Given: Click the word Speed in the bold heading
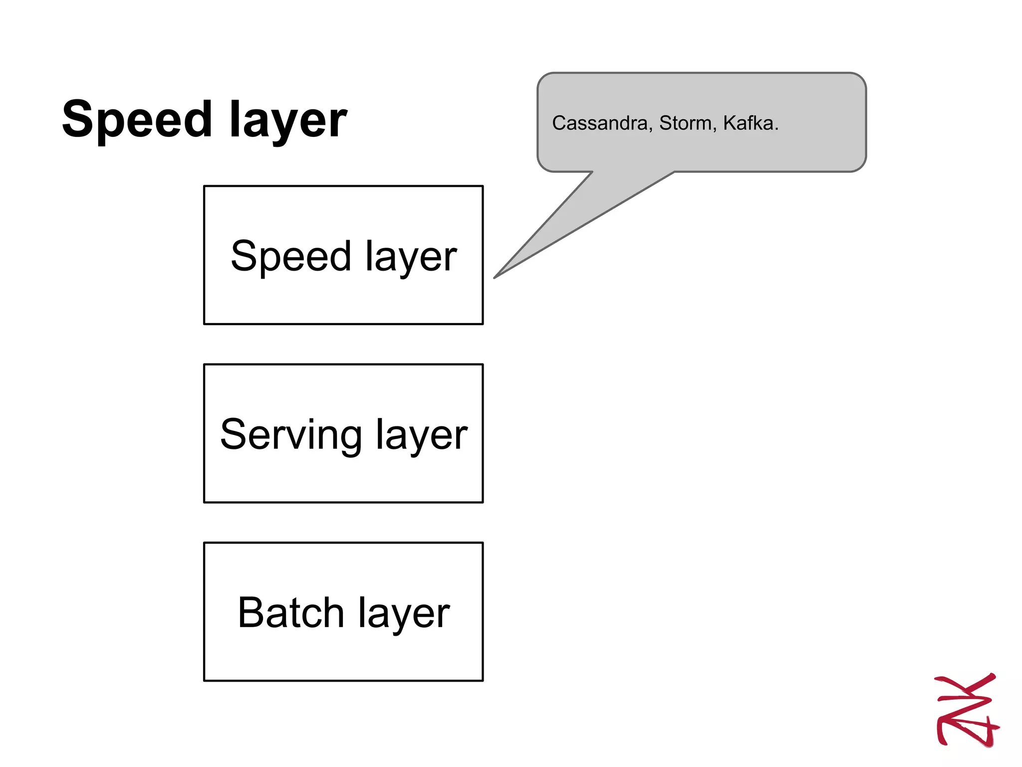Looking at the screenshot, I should pos(137,120).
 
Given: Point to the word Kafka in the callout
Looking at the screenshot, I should pos(748,123).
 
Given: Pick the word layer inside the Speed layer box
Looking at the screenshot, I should pos(411,257).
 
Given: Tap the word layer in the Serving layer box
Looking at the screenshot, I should pos(421,435).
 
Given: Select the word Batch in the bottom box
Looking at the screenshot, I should pos(290,613).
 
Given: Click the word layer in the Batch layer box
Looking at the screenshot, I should pos(404,614).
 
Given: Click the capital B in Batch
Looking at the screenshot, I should pos(250,613).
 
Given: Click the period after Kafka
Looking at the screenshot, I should pos(776,129).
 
